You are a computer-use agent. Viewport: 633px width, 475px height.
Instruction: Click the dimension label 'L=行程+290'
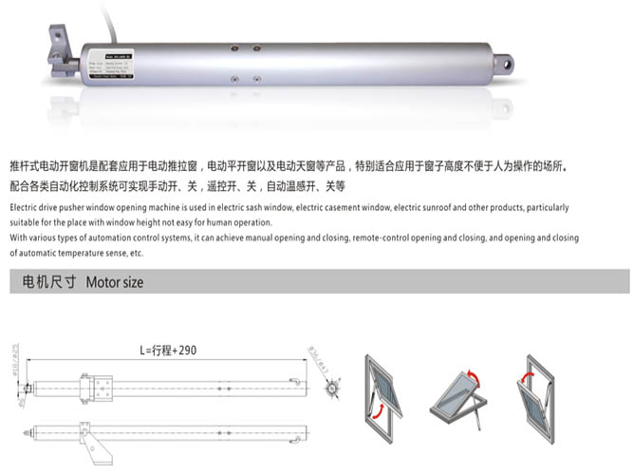pyautogui.click(x=168, y=351)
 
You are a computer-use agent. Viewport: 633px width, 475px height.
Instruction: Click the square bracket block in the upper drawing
pyautogui.click(x=97, y=386)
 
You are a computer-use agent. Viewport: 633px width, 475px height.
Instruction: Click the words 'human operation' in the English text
pyautogui.click(x=238, y=222)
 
